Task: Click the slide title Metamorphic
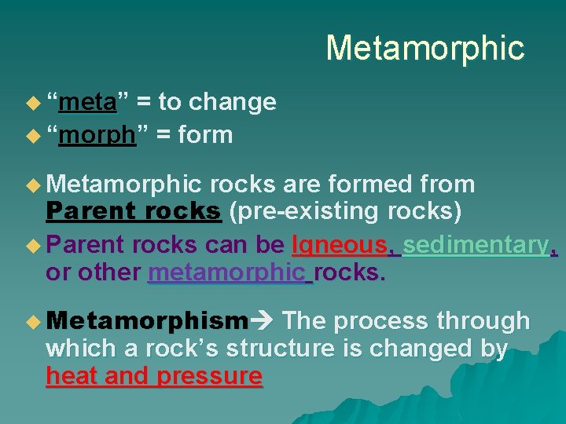click(424, 48)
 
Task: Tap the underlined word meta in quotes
click(88, 102)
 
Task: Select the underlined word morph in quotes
click(97, 135)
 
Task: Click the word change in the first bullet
click(233, 102)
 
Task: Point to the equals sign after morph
click(164, 135)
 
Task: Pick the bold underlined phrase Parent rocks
click(134, 212)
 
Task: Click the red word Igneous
click(339, 245)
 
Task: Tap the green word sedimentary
click(476, 245)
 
